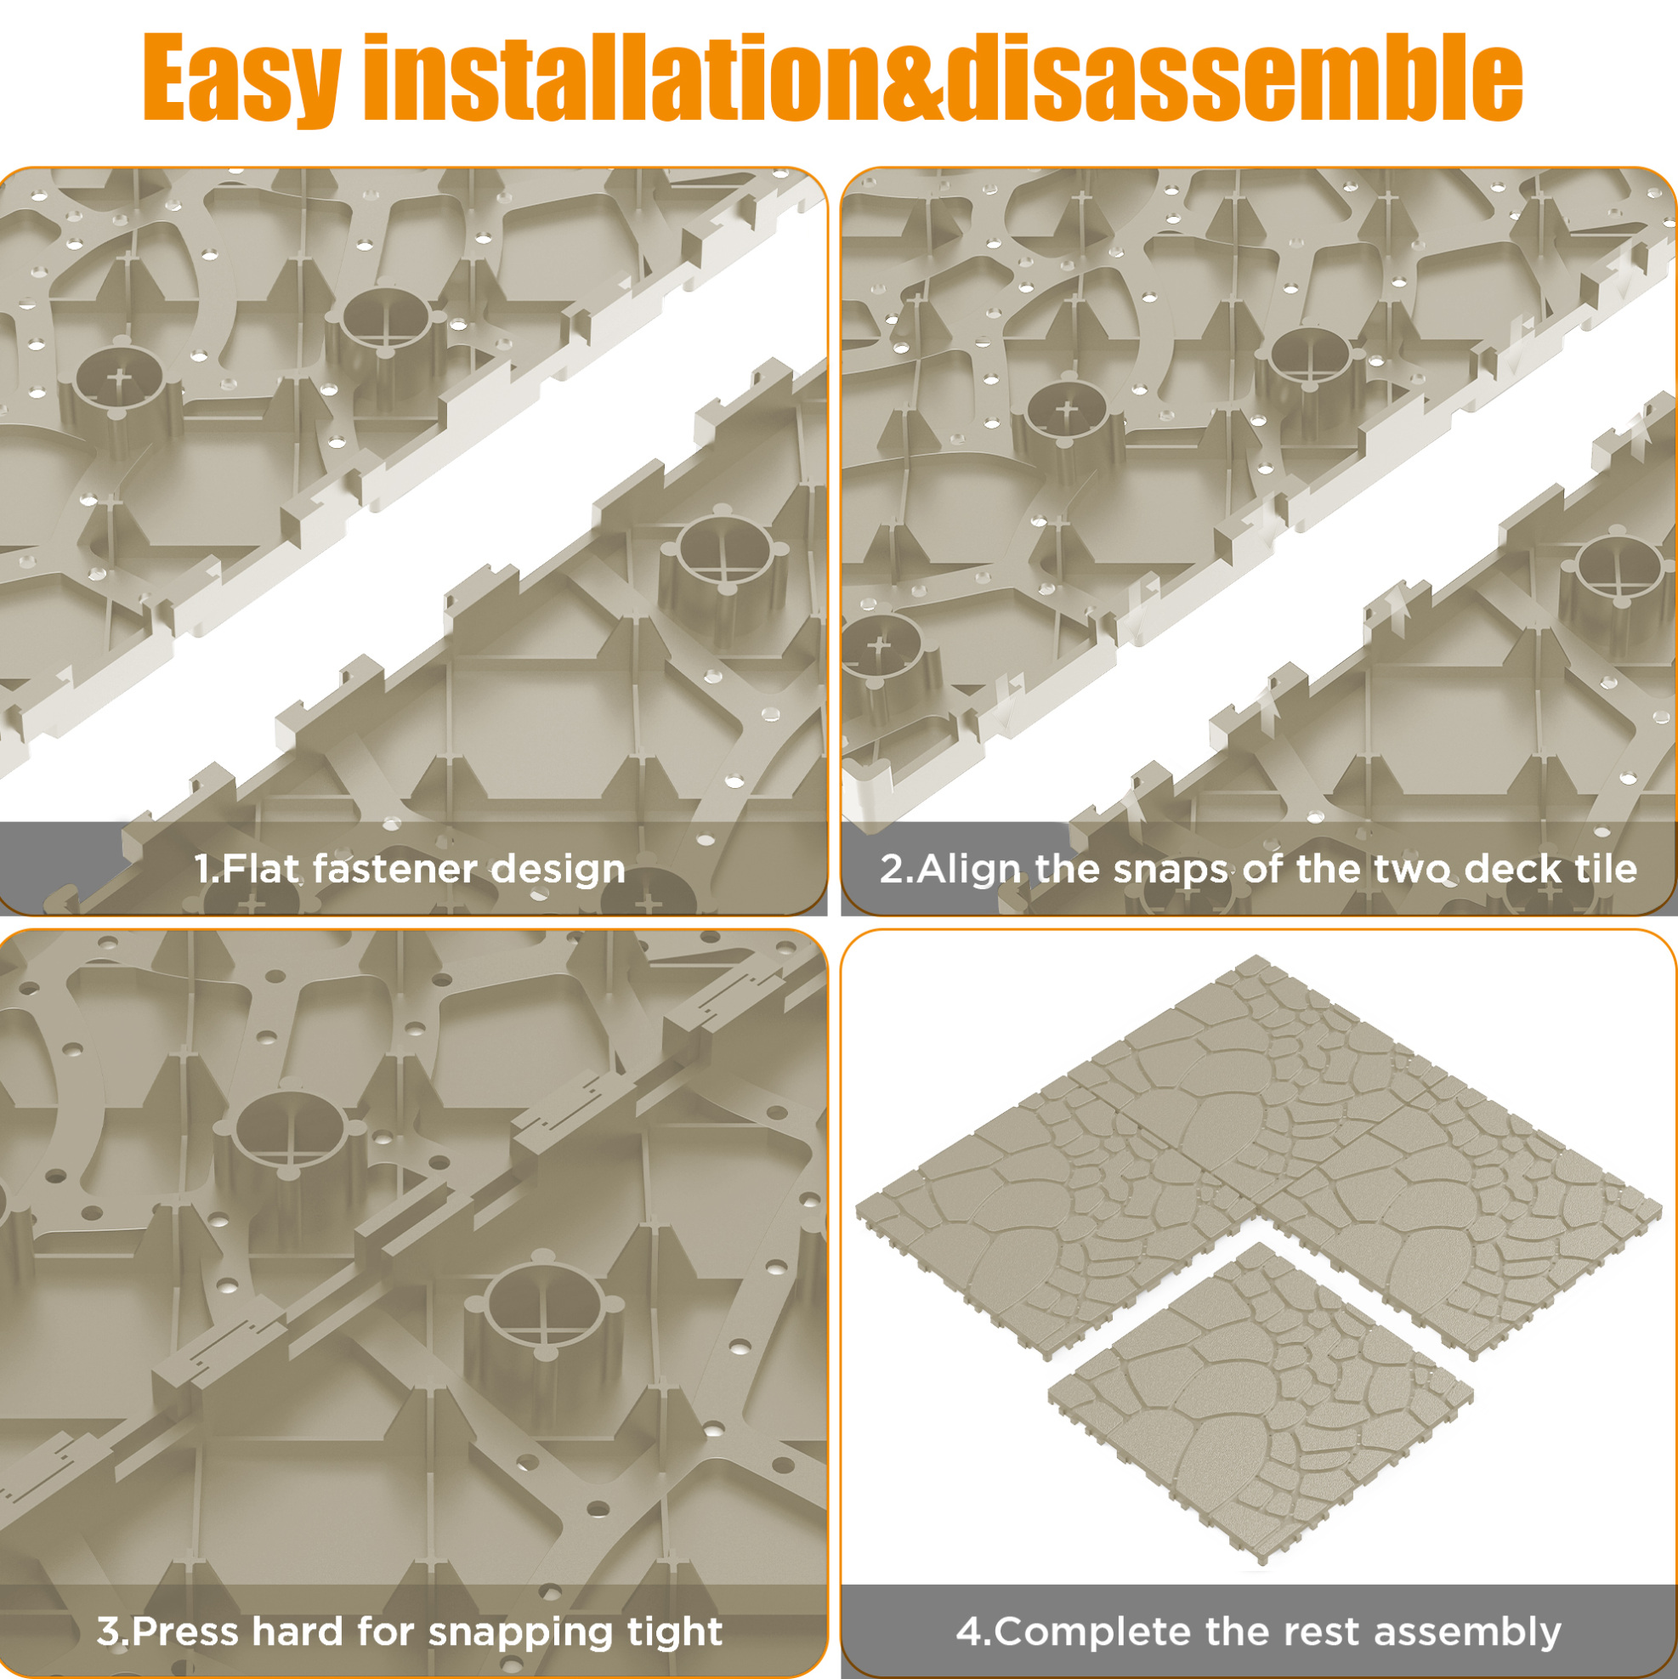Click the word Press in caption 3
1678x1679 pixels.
point(185,1631)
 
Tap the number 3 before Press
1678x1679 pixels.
point(108,1632)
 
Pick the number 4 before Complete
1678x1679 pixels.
point(969,1632)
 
